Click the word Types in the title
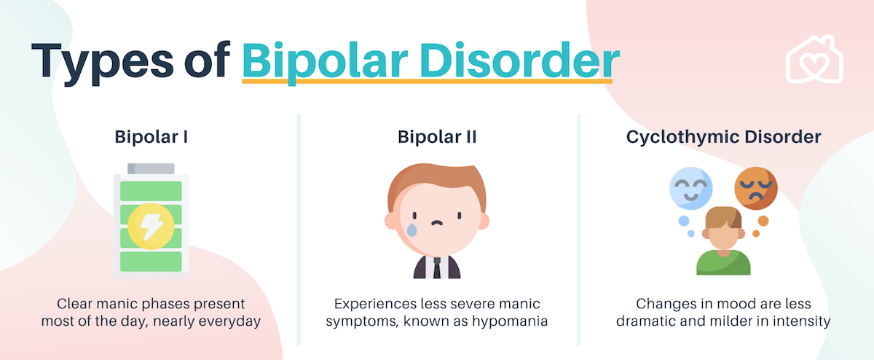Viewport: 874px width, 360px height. pyautogui.click(x=102, y=63)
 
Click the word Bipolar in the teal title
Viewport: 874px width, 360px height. pyautogui.click(x=325, y=63)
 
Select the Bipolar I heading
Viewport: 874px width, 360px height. pyautogui.click(x=151, y=137)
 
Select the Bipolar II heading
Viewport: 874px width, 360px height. pyautogui.click(x=437, y=137)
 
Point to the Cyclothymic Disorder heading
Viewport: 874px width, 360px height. pyautogui.click(x=723, y=137)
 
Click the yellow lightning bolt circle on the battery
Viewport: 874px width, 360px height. pyautogui.click(x=151, y=227)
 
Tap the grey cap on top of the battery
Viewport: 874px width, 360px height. pyautogui.click(x=151, y=168)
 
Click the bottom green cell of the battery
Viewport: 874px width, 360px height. pyautogui.click(x=151, y=262)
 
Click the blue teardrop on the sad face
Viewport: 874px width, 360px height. pyautogui.click(x=412, y=230)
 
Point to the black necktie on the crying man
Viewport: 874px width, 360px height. pyautogui.click(x=437, y=268)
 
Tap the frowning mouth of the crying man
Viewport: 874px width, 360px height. pyautogui.click(x=437, y=223)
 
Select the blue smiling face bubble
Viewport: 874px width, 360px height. pyautogui.click(x=691, y=189)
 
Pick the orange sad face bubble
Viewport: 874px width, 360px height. pyautogui.click(x=756, y=189)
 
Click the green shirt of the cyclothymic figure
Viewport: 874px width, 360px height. pyautogui.click(x=723, y=263)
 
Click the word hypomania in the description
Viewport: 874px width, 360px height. pyautogui.click(x=510, y=321)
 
